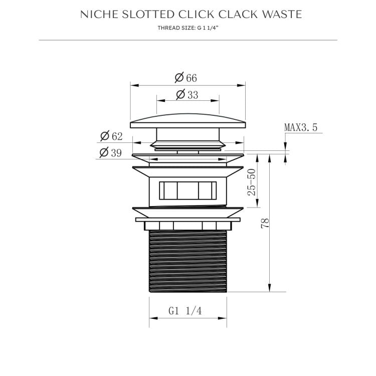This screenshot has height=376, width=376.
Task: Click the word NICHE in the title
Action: click(x=96, y=15)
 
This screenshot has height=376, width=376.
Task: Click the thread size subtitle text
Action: click(x=188, y=28)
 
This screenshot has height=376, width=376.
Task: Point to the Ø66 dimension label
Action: click(x=186, y=78)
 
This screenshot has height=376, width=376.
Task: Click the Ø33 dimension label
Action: click(x=187, y=95)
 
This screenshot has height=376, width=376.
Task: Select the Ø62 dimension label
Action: click(x=111, y=136)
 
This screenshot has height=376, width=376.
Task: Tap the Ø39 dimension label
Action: click(x=111, y=153)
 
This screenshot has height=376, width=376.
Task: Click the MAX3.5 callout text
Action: click(x=301, y=127)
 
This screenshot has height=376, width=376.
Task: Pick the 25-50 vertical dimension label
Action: click(x=252, y=182)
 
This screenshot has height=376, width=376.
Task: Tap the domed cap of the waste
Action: click(x=188, y=121)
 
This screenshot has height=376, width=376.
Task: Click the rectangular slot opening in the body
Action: click(x=188, y=192)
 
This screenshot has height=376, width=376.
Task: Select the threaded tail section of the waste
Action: click(x=188, y=261)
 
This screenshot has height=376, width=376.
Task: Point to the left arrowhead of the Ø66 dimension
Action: click(x=133, y=85)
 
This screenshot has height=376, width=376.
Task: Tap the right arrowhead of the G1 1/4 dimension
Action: click(x=224, y=317)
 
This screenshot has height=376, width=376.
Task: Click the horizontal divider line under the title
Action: click(x=188, y=40)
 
